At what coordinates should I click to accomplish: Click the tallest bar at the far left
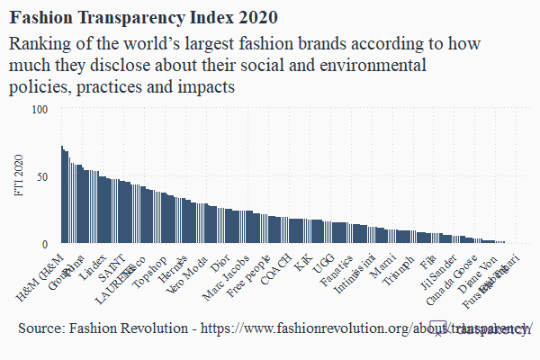point(62,194)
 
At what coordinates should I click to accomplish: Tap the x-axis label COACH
point(275,270)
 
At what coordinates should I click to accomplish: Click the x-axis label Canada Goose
point(453,281)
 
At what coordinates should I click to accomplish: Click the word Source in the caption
point(40,329)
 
